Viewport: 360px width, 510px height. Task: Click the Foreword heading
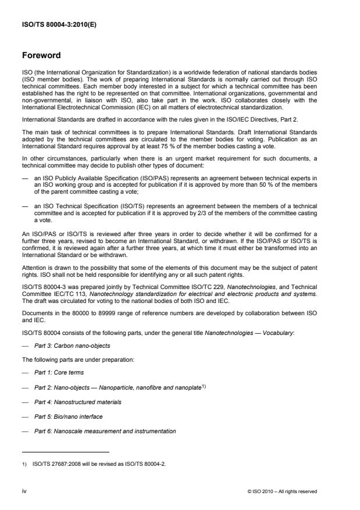tap(41, 56)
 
